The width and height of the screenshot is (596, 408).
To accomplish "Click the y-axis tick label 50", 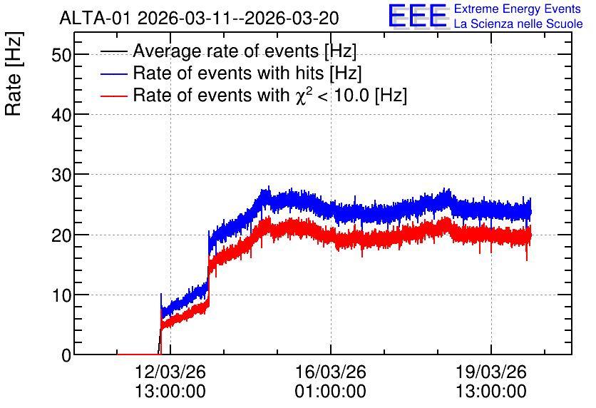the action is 61,55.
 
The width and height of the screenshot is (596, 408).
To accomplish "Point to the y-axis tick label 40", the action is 61,115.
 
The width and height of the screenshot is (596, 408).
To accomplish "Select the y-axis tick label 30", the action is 61,175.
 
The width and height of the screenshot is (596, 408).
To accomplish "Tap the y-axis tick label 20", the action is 61,235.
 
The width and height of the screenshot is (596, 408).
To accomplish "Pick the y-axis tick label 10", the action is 61,295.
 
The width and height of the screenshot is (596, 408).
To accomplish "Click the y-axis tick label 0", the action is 66,355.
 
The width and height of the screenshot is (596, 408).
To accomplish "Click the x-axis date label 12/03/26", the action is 170,372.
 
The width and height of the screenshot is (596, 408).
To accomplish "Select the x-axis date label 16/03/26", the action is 331,372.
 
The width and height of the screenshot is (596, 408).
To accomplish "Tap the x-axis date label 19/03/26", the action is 491,372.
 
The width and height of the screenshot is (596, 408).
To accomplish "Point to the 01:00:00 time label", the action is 331,391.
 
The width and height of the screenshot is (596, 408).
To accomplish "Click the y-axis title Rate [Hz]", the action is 14,73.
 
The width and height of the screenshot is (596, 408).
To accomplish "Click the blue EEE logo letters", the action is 418,16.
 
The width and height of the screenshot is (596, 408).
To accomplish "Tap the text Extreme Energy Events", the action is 518,9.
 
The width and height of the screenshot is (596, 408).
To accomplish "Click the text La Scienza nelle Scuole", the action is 518,24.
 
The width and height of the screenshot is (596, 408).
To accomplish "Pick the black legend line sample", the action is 113,51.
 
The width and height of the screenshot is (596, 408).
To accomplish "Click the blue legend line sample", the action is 113,73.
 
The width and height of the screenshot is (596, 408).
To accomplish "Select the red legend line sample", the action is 113,96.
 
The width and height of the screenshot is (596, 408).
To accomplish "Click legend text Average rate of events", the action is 226,51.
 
